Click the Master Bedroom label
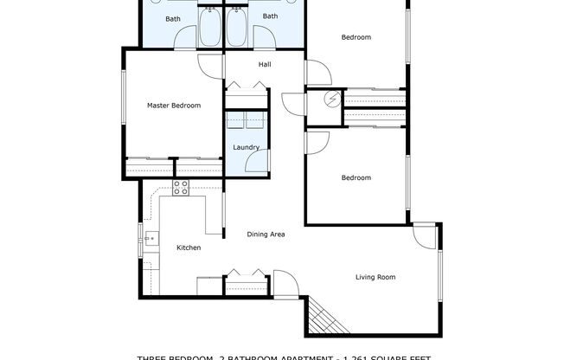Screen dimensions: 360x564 [174, 106]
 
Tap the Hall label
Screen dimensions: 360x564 [266, 65]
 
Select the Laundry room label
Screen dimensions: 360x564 [246, 147]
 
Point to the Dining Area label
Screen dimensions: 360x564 [266, 234]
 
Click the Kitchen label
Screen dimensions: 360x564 [189, 247]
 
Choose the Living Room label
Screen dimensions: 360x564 [375, 277]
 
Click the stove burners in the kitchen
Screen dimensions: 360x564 [181, 187]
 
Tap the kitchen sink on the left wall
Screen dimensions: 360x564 [149, 238]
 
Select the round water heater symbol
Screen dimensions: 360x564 [331, 100]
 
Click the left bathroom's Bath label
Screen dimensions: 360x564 [173, 18]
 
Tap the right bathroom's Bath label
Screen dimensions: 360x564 [271, 16]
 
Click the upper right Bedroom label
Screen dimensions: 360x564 [356, 37]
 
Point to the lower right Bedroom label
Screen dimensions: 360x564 [356, 178]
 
